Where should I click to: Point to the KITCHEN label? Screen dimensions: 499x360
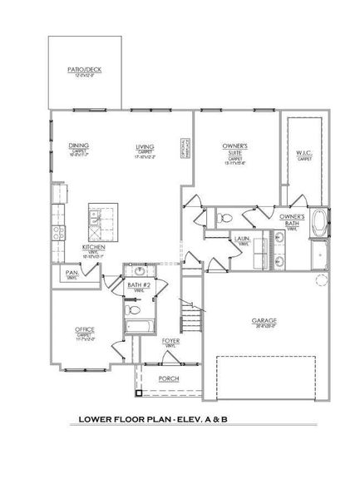[92, 248]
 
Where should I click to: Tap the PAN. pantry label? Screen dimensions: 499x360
[71, 272]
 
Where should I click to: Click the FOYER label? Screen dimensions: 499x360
[170, 341]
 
